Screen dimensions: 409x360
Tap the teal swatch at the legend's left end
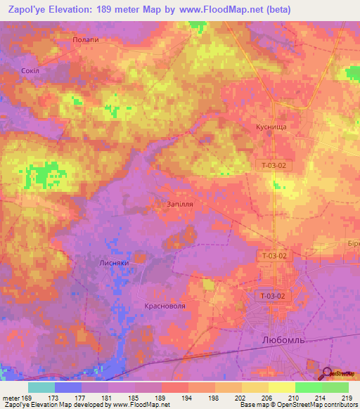point(41,387)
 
